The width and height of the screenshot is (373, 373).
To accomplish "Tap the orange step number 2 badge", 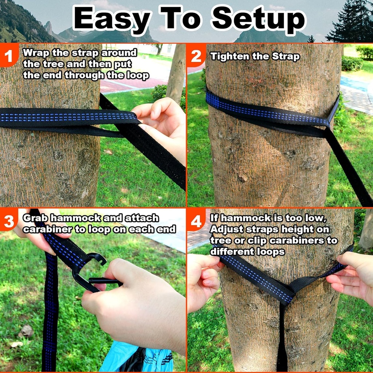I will tap(196, 56).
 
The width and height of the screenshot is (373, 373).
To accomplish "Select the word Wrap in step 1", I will tap(36, 52).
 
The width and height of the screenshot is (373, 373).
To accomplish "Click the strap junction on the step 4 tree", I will tap(288, 291).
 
